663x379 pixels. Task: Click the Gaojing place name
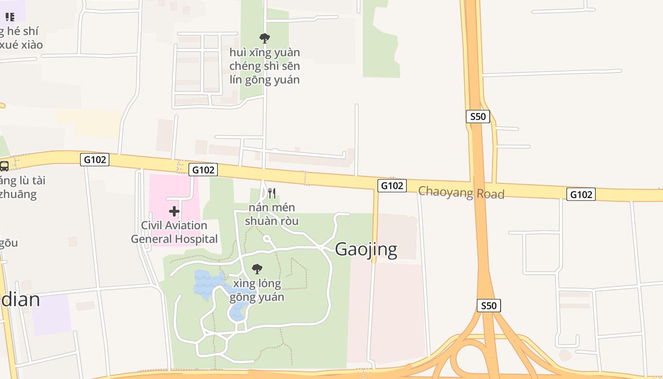[x=366, y=249]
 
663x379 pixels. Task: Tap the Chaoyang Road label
[x=461, y=192]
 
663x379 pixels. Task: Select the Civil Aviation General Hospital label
[x=174, y=232]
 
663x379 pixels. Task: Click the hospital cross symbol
[x=174, y=211]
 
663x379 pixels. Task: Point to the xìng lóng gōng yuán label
[x=257, y=290]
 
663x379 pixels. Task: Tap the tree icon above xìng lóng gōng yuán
[x=257, y=269]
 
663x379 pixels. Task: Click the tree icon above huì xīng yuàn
[x=265, y=38]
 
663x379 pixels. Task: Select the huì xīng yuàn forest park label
[x=265, y=66]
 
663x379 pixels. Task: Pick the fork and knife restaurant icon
[x=272, y=193]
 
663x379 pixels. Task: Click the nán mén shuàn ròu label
[x=272, y=214]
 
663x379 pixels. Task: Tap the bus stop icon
[x=4, y=166]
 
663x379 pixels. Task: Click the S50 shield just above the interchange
[x=489, y=306]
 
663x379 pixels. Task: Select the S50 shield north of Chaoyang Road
[x=477, y=117]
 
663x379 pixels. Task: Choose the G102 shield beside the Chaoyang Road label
[x=392, y=186]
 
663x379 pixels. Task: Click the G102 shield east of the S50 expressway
[x=581, y=194]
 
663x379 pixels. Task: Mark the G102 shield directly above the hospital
[x=203, y=170]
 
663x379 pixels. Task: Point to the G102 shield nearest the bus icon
[x=95, y=160]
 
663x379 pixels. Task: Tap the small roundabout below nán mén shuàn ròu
[x=267, y=239]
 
